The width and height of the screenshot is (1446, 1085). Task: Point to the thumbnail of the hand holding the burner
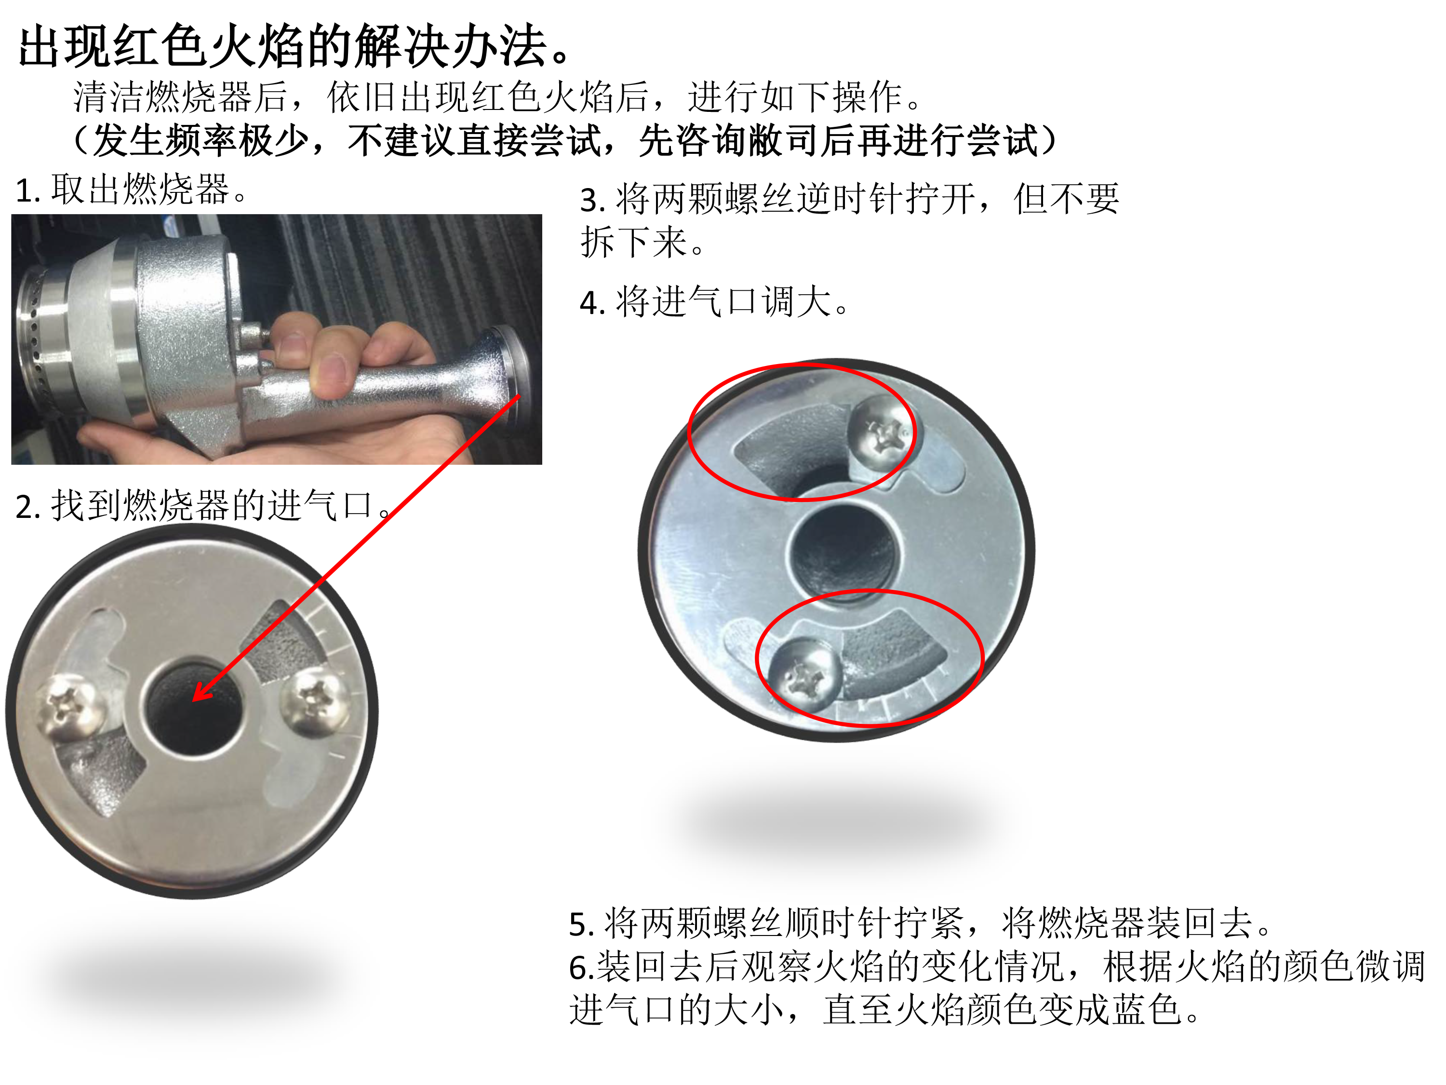point(277,339)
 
